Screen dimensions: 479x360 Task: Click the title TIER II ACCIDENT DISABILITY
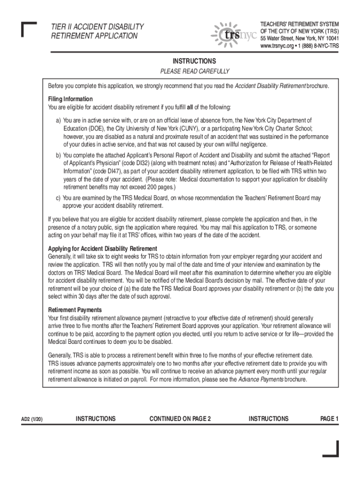pyautogui.click(x=98, y=27)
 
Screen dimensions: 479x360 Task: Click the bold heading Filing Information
pyautogui.click(x=71, y=99)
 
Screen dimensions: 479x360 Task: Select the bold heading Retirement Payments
pyautogui.click(x=75, y=310)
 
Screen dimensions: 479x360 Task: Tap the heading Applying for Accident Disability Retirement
pyautogui.click(x=103, y=248)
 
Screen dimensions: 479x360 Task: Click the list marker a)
pyautogui.click(x=58, y=120)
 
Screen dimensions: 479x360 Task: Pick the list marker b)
pyautogui.click(x=58, y=155)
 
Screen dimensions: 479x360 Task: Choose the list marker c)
pyautogui.click(x=58, y=198)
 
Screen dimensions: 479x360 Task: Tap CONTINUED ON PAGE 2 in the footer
pyautogui.click(x=180, y=419)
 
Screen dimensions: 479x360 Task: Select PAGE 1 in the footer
pyautogui.click(x=329, y=419)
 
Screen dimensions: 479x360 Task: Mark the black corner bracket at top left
pyautogui.click(x=29, y=29)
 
